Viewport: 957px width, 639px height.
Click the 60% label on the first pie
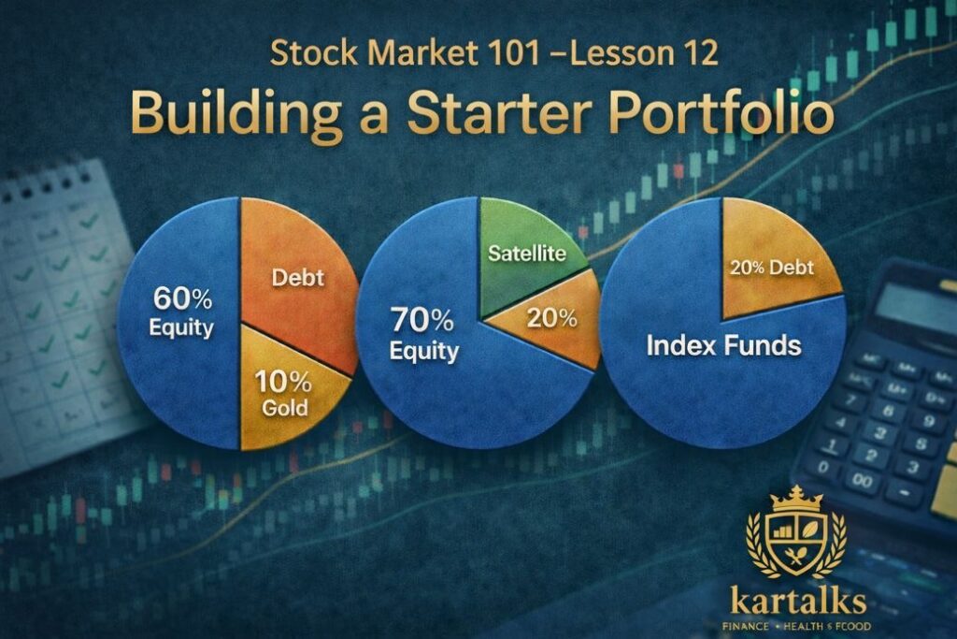[184, 302]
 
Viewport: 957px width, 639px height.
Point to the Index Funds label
[723, 346]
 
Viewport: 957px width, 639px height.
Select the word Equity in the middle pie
[425, 352]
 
